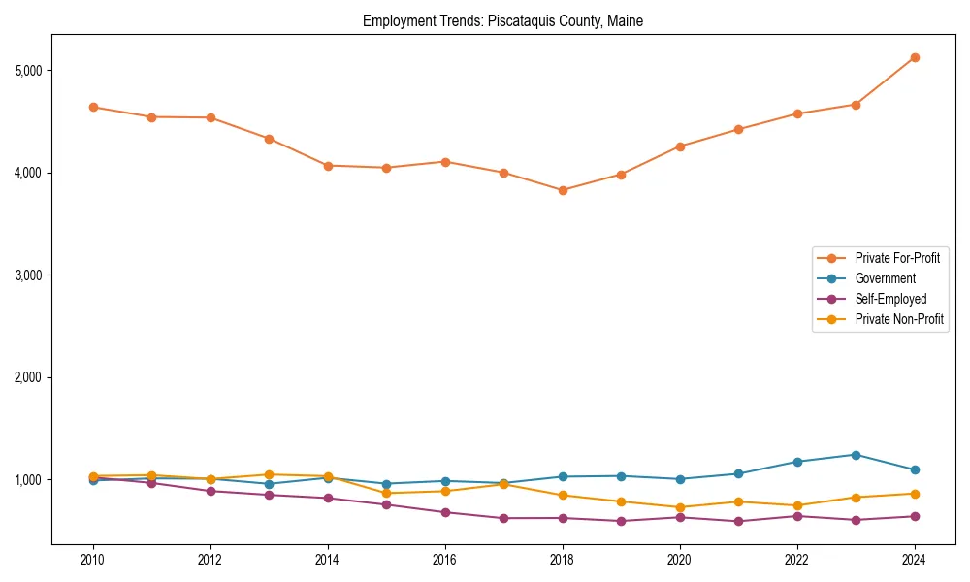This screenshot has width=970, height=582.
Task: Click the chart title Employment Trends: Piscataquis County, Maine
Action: point(502,20)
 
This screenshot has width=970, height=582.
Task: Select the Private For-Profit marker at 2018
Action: point(563,190)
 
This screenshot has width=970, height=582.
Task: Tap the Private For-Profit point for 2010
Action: point(93,107)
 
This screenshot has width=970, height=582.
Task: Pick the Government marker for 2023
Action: point(856,455)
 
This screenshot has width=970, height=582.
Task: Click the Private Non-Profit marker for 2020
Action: point(680,507)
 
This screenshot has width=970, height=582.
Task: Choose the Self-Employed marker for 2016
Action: point(445,512)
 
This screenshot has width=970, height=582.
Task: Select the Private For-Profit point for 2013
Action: point(269,139)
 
